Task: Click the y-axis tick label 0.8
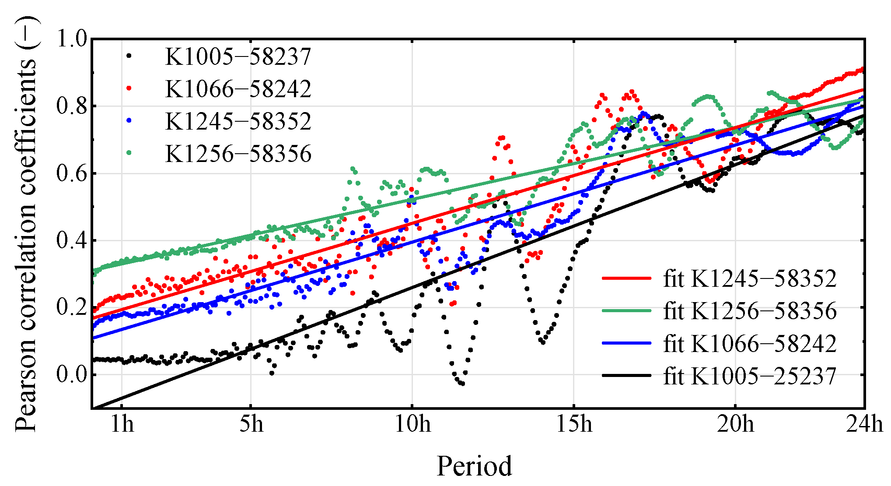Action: pyautogui.click(x=72, y=106)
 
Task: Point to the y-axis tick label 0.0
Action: pyautogui.click(x=72, y=375)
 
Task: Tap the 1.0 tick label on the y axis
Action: pyautogui.click(x=72, y=39)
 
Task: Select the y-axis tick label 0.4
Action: pyautogui.click(x=72, y=240)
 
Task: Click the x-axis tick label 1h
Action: pyautogui.click(x=122, y=424)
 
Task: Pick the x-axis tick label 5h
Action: pyautogui.click(x=251, y=424)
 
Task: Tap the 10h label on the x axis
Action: pyautogui.click(x=412, y=424)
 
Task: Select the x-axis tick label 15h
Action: pyautogui.click(x=574, y=424)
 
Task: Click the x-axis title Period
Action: pyautogui.click(x=474, y=466)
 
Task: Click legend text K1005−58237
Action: pyautogui.click(x=238, y=56)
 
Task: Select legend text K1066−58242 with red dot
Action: pyautogui.click(x=238, y=89)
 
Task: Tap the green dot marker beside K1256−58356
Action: pyautogui.click(x=129, y=153)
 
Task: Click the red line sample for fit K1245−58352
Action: pyautogui.click(x=626, y=278)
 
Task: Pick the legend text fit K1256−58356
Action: pyautogui.click(x=750, y=311)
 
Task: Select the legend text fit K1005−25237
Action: pyautogui.click(x=750, y=376)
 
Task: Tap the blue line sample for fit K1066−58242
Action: pyautogui.click(x=626, y=343)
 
